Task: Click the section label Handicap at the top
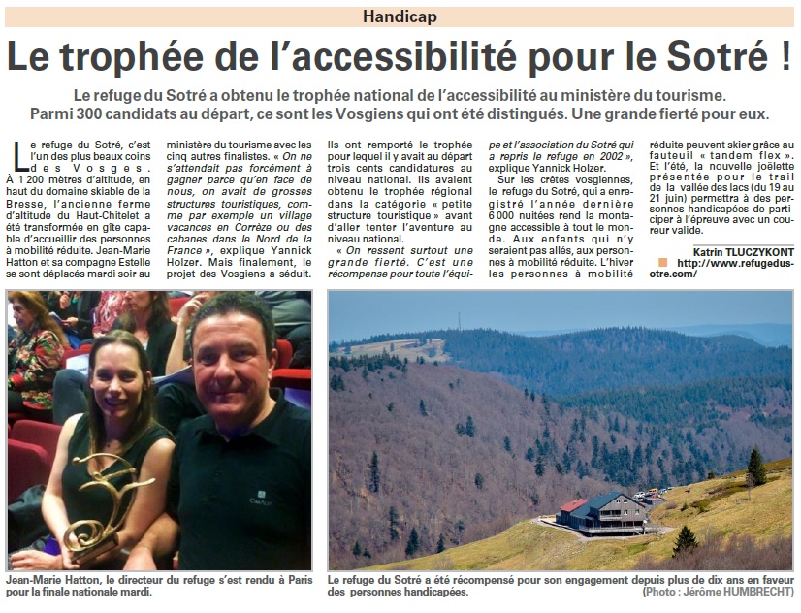click(x=401, y=16)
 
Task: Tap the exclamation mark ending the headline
click(x=782, y=56)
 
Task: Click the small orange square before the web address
click(x=662, y=262)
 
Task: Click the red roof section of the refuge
click(x=573, y=505)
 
